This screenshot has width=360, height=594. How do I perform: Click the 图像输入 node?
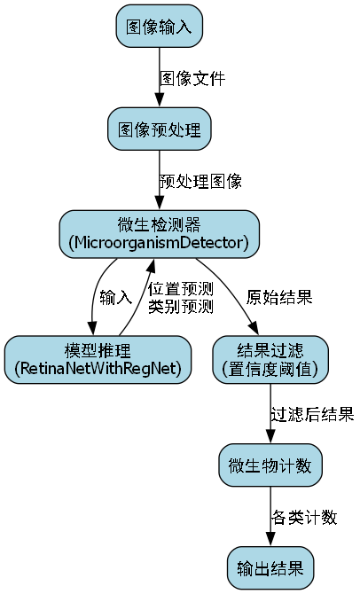tap(160, 26)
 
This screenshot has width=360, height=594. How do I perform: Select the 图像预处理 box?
tap(160, 129)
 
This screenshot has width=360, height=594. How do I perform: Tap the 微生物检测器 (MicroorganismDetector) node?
tap(160, 232)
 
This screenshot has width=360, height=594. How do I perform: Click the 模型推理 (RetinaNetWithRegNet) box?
tap(98, 358)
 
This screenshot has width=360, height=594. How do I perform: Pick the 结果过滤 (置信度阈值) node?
tap(270, 358)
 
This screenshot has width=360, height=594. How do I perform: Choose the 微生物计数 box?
tap(270, 465)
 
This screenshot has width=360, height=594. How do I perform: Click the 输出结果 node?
tap(270, 567)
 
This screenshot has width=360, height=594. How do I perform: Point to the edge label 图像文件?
tap(192, 78)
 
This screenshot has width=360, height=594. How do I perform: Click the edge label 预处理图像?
tap(200, 181)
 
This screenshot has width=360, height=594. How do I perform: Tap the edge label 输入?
tap(115, 296)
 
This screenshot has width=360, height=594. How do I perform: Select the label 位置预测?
tap(181, 289)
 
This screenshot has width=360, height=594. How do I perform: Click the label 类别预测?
tap(181, 306)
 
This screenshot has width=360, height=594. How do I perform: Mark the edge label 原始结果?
tap(279, 296)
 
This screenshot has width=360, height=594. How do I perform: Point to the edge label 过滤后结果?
tap(312, 413)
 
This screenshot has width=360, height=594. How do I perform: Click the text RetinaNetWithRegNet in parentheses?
tap(98, 367)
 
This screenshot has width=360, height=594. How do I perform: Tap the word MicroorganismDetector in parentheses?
tap(160, 241)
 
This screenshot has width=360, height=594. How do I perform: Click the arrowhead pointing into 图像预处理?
tap(160, 103)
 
